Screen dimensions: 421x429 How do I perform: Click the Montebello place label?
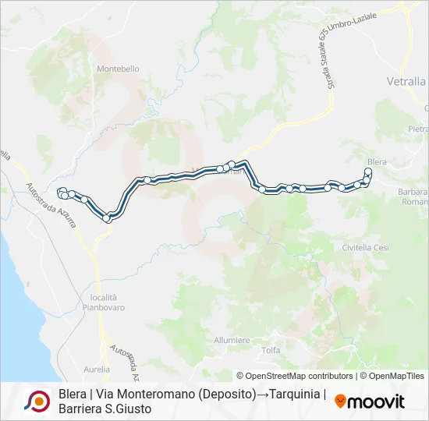click(x=118, y=69)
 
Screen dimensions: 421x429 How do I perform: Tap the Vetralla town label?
click(x=406, y=81)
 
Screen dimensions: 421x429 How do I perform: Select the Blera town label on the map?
click(x=377, y=161)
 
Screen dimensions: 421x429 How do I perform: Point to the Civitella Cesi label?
click(x=365, y=247)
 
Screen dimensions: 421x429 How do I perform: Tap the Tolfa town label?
click(x=271, y=350)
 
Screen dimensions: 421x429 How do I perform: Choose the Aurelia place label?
click(x=97, y=369)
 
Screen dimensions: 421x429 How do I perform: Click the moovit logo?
click(x=370, y=402)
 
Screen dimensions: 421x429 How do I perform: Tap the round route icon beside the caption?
click(x=37, y=401)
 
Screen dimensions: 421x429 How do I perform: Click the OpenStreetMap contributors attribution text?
click(x=295, y=376)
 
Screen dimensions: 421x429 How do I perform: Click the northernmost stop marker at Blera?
click(x=368, y=172)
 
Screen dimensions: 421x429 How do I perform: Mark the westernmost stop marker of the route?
click(x=61, y=192)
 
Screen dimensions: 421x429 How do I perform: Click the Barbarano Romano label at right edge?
click(x=413, y=196)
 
